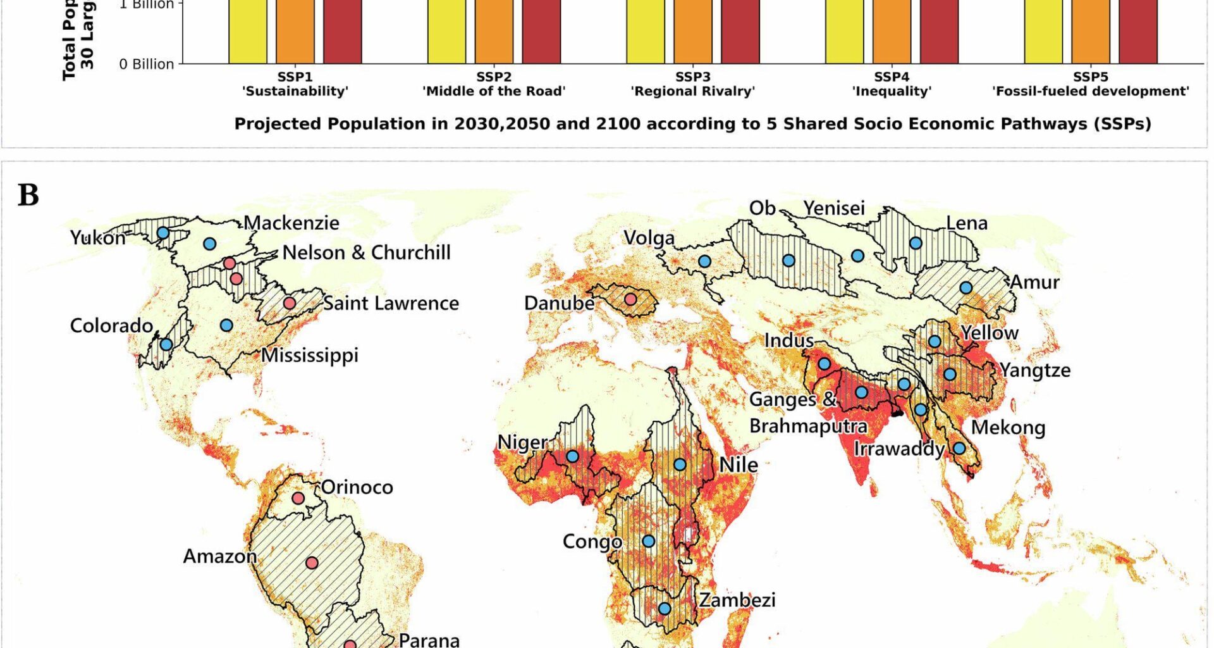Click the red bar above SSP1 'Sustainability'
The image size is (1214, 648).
pyautogui.click(x=342, y=32)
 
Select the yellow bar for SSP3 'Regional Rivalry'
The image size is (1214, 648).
pyautogui.click(x=646, y=32)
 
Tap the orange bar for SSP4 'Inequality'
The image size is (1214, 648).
pyautogui.click(x=892, y=32)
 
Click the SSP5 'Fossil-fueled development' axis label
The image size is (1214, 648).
pyautogui.click(x=1090, y=84)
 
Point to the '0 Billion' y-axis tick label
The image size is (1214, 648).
pyautogui.click(x=146, y=65)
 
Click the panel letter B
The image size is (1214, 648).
pyautogui.click(x=28, y=195)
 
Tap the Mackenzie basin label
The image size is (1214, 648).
pyautogui.click(x=291, y=223)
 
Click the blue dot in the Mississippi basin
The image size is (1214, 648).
pyautogui.click(x=226, y=325)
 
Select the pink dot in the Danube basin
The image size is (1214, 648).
pyautogui.click(x=630, y=299)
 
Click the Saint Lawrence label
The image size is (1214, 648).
pyautogui.click(x=391, y=303)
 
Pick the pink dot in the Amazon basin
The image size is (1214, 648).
pyautogui.click(x=312, y=563)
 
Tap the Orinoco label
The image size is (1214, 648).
pyautogui.click(x=357, y=487)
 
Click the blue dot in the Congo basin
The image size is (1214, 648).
pyautogui.click(x=649, y=541)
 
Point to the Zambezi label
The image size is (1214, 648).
pyautogui.click(x=737, y=599)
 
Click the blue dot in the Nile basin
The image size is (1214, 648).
pyautogui.click(x=680, y=464)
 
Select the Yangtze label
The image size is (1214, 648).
pyautogui.click(x=1035, y=370)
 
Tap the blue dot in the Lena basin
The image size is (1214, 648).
pyautogui.click(x=916, y=243)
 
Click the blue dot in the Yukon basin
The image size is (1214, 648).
pyautogui.click(x=162, y=233)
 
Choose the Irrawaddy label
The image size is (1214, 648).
pyautogui.click(x=898, y=449)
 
